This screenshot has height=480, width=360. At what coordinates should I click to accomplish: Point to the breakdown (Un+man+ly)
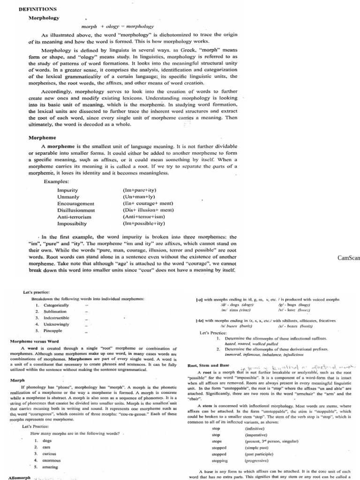(x=139, y=197)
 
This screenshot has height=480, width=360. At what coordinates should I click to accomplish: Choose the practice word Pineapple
(x=52, y=331)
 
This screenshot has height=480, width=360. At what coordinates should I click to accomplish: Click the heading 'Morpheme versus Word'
(x=34, y=341)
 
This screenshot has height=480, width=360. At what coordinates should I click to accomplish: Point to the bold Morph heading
(x=17, y=380)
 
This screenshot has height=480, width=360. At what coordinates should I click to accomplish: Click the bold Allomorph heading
(x=20, y=477)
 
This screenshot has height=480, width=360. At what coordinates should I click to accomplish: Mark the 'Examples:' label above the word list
(x=56, y=181)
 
